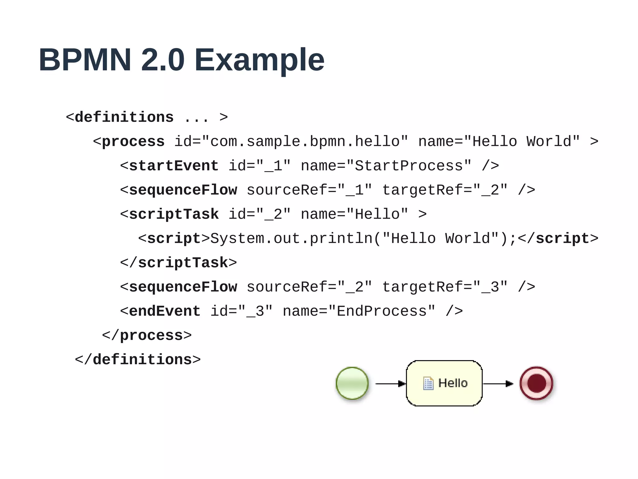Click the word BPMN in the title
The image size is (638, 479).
pos(85,60)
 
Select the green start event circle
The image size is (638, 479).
pos(352,383)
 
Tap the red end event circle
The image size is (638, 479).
pos(536,383)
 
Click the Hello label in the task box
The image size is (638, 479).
pos(453,383)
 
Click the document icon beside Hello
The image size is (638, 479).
pos(428,384)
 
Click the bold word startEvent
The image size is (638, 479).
pos(174,166)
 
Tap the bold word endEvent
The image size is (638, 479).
pos(164,311)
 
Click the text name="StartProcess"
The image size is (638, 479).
pos(386,166)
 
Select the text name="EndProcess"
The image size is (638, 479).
pos(359,311)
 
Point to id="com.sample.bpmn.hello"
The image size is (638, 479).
pos(291,142)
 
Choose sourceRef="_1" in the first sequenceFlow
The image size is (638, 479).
pos(309,190)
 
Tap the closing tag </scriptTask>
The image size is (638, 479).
pos(178,263)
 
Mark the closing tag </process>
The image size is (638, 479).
pos(146,336)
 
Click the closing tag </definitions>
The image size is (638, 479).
pos(137,360)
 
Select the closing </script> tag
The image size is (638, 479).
pos(558,239)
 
